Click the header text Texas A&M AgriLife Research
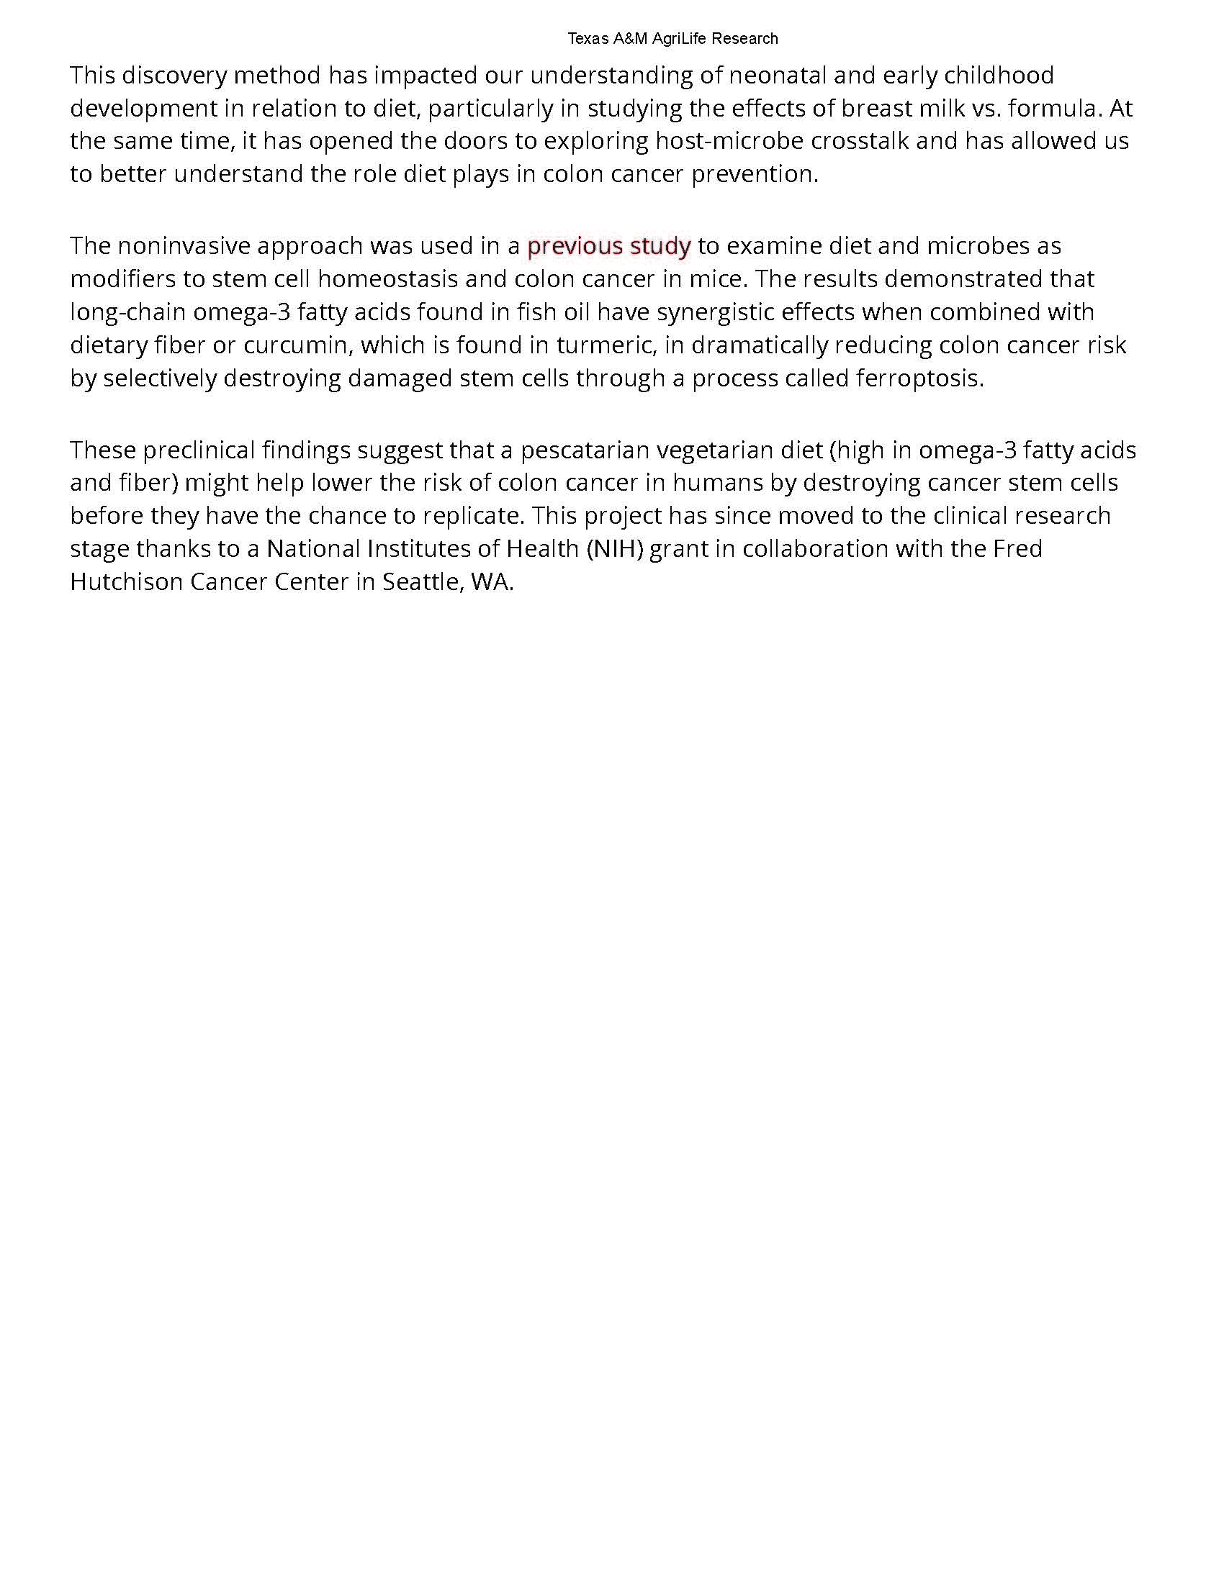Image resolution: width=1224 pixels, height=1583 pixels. point(672,38)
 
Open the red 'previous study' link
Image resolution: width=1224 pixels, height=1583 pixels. point(608,246)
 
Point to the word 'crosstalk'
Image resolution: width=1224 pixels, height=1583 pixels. point(859,141)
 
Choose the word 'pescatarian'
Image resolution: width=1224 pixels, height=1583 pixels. point(585,451)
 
